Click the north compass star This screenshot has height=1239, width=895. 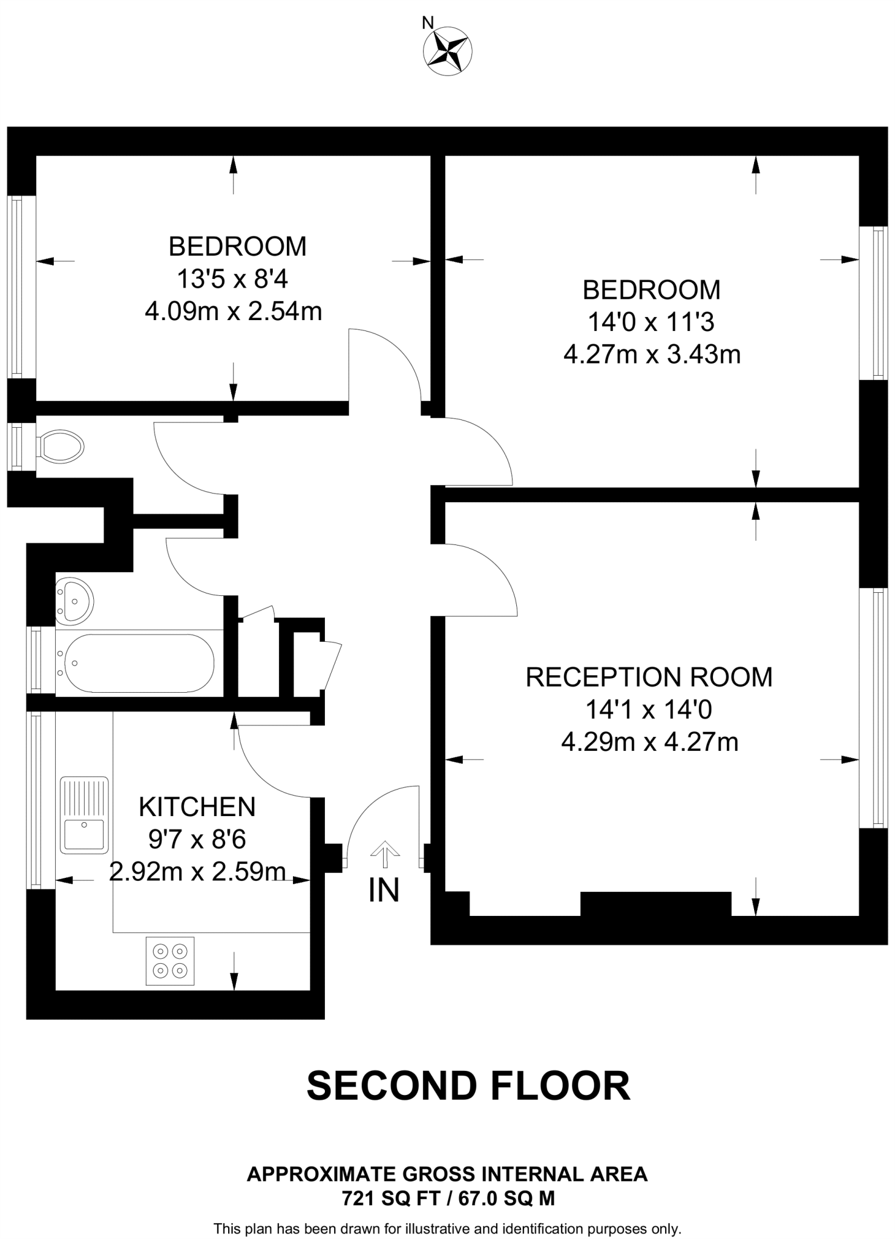tap(448, 51)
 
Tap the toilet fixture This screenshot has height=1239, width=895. tap(60, 447)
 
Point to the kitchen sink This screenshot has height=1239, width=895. tap(84, 814)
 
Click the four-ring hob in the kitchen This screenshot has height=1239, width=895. tap(170, 961)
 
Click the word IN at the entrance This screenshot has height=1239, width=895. tap(384, 890)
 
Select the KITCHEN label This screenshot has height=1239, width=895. tap(197, 807)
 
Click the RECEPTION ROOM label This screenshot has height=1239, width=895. tap(649, 677)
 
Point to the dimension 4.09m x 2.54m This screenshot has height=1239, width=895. tap(233, 312)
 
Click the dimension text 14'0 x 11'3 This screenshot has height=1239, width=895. tap(651, 322)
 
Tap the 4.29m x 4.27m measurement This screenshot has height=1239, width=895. tap(650, 742)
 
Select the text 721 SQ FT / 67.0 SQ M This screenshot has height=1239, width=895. tap(448, 1198)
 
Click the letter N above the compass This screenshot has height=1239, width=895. tap(428, 23)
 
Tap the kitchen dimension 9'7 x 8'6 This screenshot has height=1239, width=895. tap(197, 839)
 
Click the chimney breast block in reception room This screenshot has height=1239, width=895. tap(656, 903)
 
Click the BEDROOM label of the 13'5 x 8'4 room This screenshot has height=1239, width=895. tap(237, 246)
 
